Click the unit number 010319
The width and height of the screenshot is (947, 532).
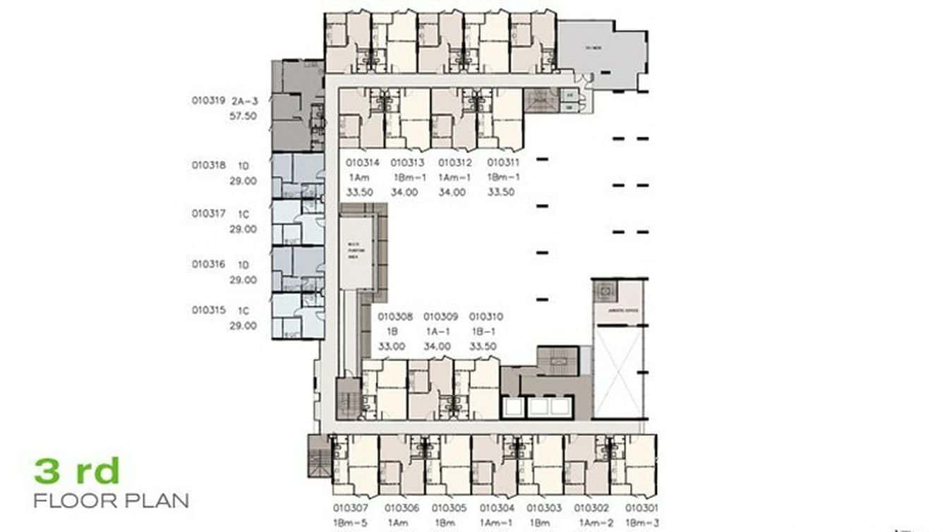point(208,101)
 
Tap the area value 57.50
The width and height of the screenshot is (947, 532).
point(243,116)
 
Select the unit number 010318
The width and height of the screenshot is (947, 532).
point(208,166)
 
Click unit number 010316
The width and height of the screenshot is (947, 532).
point(208,265)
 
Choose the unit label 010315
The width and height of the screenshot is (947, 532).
point(208,310)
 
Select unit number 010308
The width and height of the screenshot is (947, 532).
point(395,318)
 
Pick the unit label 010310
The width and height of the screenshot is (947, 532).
point(486,318)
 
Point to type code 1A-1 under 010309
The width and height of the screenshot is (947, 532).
point(440,332)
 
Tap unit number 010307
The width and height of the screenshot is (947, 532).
point(350,508)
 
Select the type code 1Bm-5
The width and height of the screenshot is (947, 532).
point(350,523)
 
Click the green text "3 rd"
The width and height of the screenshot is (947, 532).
point(77,471)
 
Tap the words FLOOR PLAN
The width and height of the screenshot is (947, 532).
point(111,501)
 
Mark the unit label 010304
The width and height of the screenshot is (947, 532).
point(497,508)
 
